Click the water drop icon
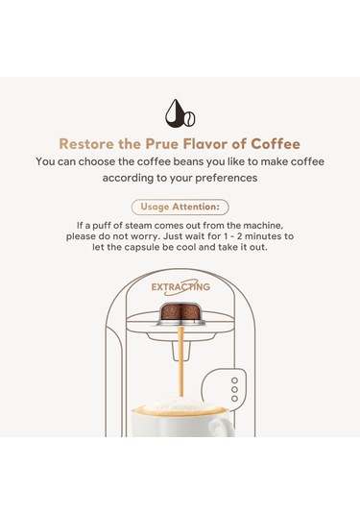coord(176,113)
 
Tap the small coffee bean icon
coord(190,119)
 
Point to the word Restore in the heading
coord(86,144)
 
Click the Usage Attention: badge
coord(180,207)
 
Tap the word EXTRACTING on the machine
coord(180,287)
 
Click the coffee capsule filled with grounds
coord(180,314)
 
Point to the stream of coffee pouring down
coord(180,361)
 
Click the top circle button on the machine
coord(234,380)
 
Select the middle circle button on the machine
coord(234,389)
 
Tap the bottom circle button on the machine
coord(234,399)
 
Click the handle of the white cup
coord(223,427)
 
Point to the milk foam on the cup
coord(180,404)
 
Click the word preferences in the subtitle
coord(227,178)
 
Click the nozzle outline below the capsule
coord(180,352)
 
